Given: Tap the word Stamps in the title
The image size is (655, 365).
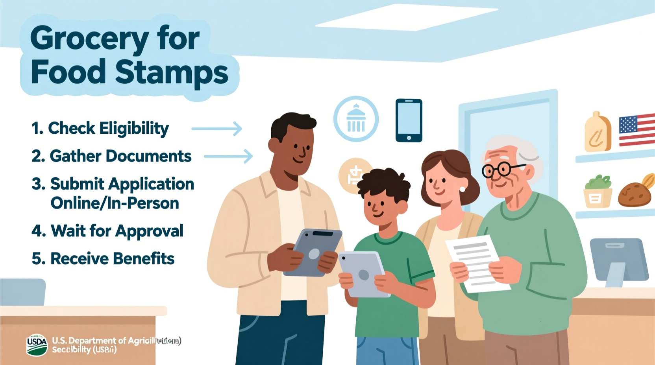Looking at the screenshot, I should pyautogui.click(x=172, y=72).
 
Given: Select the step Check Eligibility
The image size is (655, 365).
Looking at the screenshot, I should pyautogui.click(x=108, y=128).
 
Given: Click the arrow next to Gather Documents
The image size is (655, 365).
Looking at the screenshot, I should pyautogui.click(x=228, y=156).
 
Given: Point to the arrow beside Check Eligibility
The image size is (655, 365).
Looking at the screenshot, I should pyautogui.click(x=216, y=129).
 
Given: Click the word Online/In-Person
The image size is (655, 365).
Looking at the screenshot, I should pyautogui.click(x=115, y=203).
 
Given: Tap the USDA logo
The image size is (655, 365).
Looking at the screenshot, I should pyautogui.click(x=37, y=345).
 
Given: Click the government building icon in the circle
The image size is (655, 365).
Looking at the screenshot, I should pyautogui.click(x=356, y=119).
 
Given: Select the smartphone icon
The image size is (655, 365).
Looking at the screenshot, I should pyautogui.click(x=409, y=120).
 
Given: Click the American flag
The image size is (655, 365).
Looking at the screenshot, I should pyautogui.click(x=636, y=130).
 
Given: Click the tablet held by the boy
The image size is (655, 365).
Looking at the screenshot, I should pyautogui.click(x=363, y=273).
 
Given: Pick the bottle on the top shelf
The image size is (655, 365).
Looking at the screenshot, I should pyautogui.click(x=597, y=133).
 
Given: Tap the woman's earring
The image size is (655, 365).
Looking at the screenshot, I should pyautogui.click(x=462, y=189).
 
